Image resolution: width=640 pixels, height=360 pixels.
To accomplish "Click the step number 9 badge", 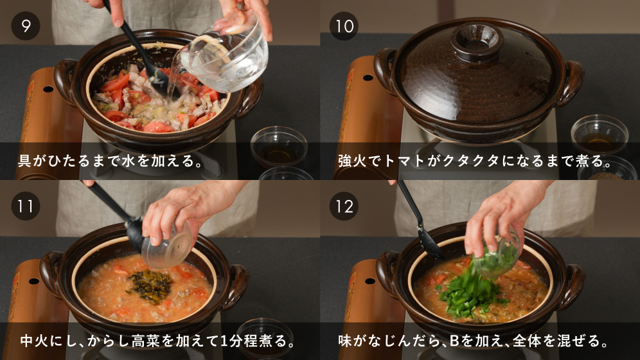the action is [x=25, y=26].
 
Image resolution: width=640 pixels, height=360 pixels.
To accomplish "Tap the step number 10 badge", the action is [x=344, y=26].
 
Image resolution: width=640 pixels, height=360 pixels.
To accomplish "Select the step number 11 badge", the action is [x=25, y=206].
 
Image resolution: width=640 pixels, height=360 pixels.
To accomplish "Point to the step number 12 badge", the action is [x=344, y=206].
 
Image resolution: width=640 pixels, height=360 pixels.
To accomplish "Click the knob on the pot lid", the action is [x=477, y=40].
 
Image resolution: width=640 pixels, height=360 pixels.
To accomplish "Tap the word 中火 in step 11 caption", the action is [x=34, y=341].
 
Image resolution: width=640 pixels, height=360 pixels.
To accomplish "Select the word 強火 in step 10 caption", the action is [x=352, y=161].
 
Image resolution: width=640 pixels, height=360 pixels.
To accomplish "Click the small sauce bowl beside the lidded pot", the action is [x=599, y=135].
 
